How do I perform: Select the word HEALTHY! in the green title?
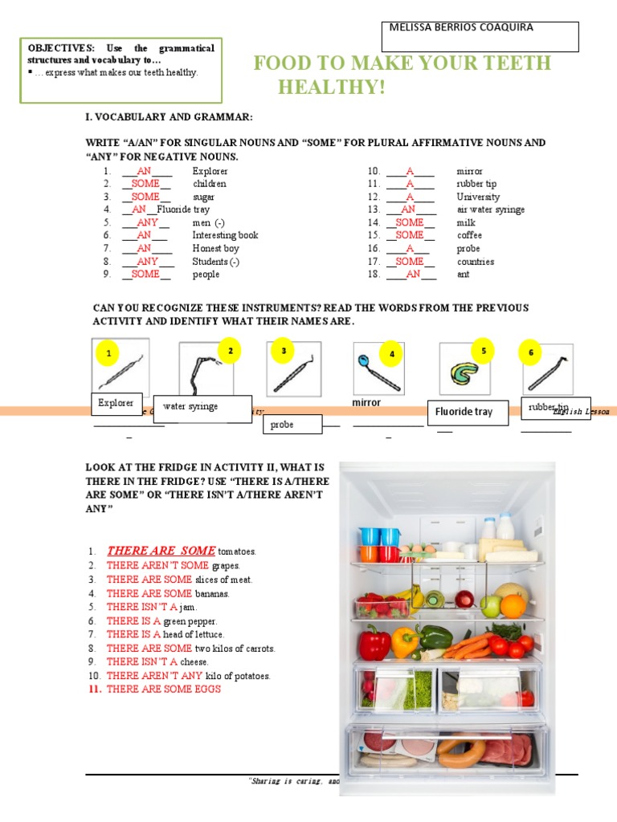(x=332, y=87)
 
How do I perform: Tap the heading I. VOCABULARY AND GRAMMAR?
(x=169, y=117)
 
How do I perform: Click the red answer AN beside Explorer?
(x=144, y=171)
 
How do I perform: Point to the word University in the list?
(x=478, y=197)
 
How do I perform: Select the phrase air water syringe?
(x=490, y=210)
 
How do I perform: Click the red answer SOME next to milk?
(x=410, y=222)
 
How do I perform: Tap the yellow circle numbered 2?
(x=230, y=351)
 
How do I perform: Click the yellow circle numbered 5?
(x=483, y=351)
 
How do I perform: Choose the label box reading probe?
(x=292, y=424)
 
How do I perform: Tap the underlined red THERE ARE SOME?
(x=161, y=551)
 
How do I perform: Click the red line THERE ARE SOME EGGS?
(x=163, y=689)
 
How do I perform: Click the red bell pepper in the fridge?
(x=374, y=643)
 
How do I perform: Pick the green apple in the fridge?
(x=490, y=604)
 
